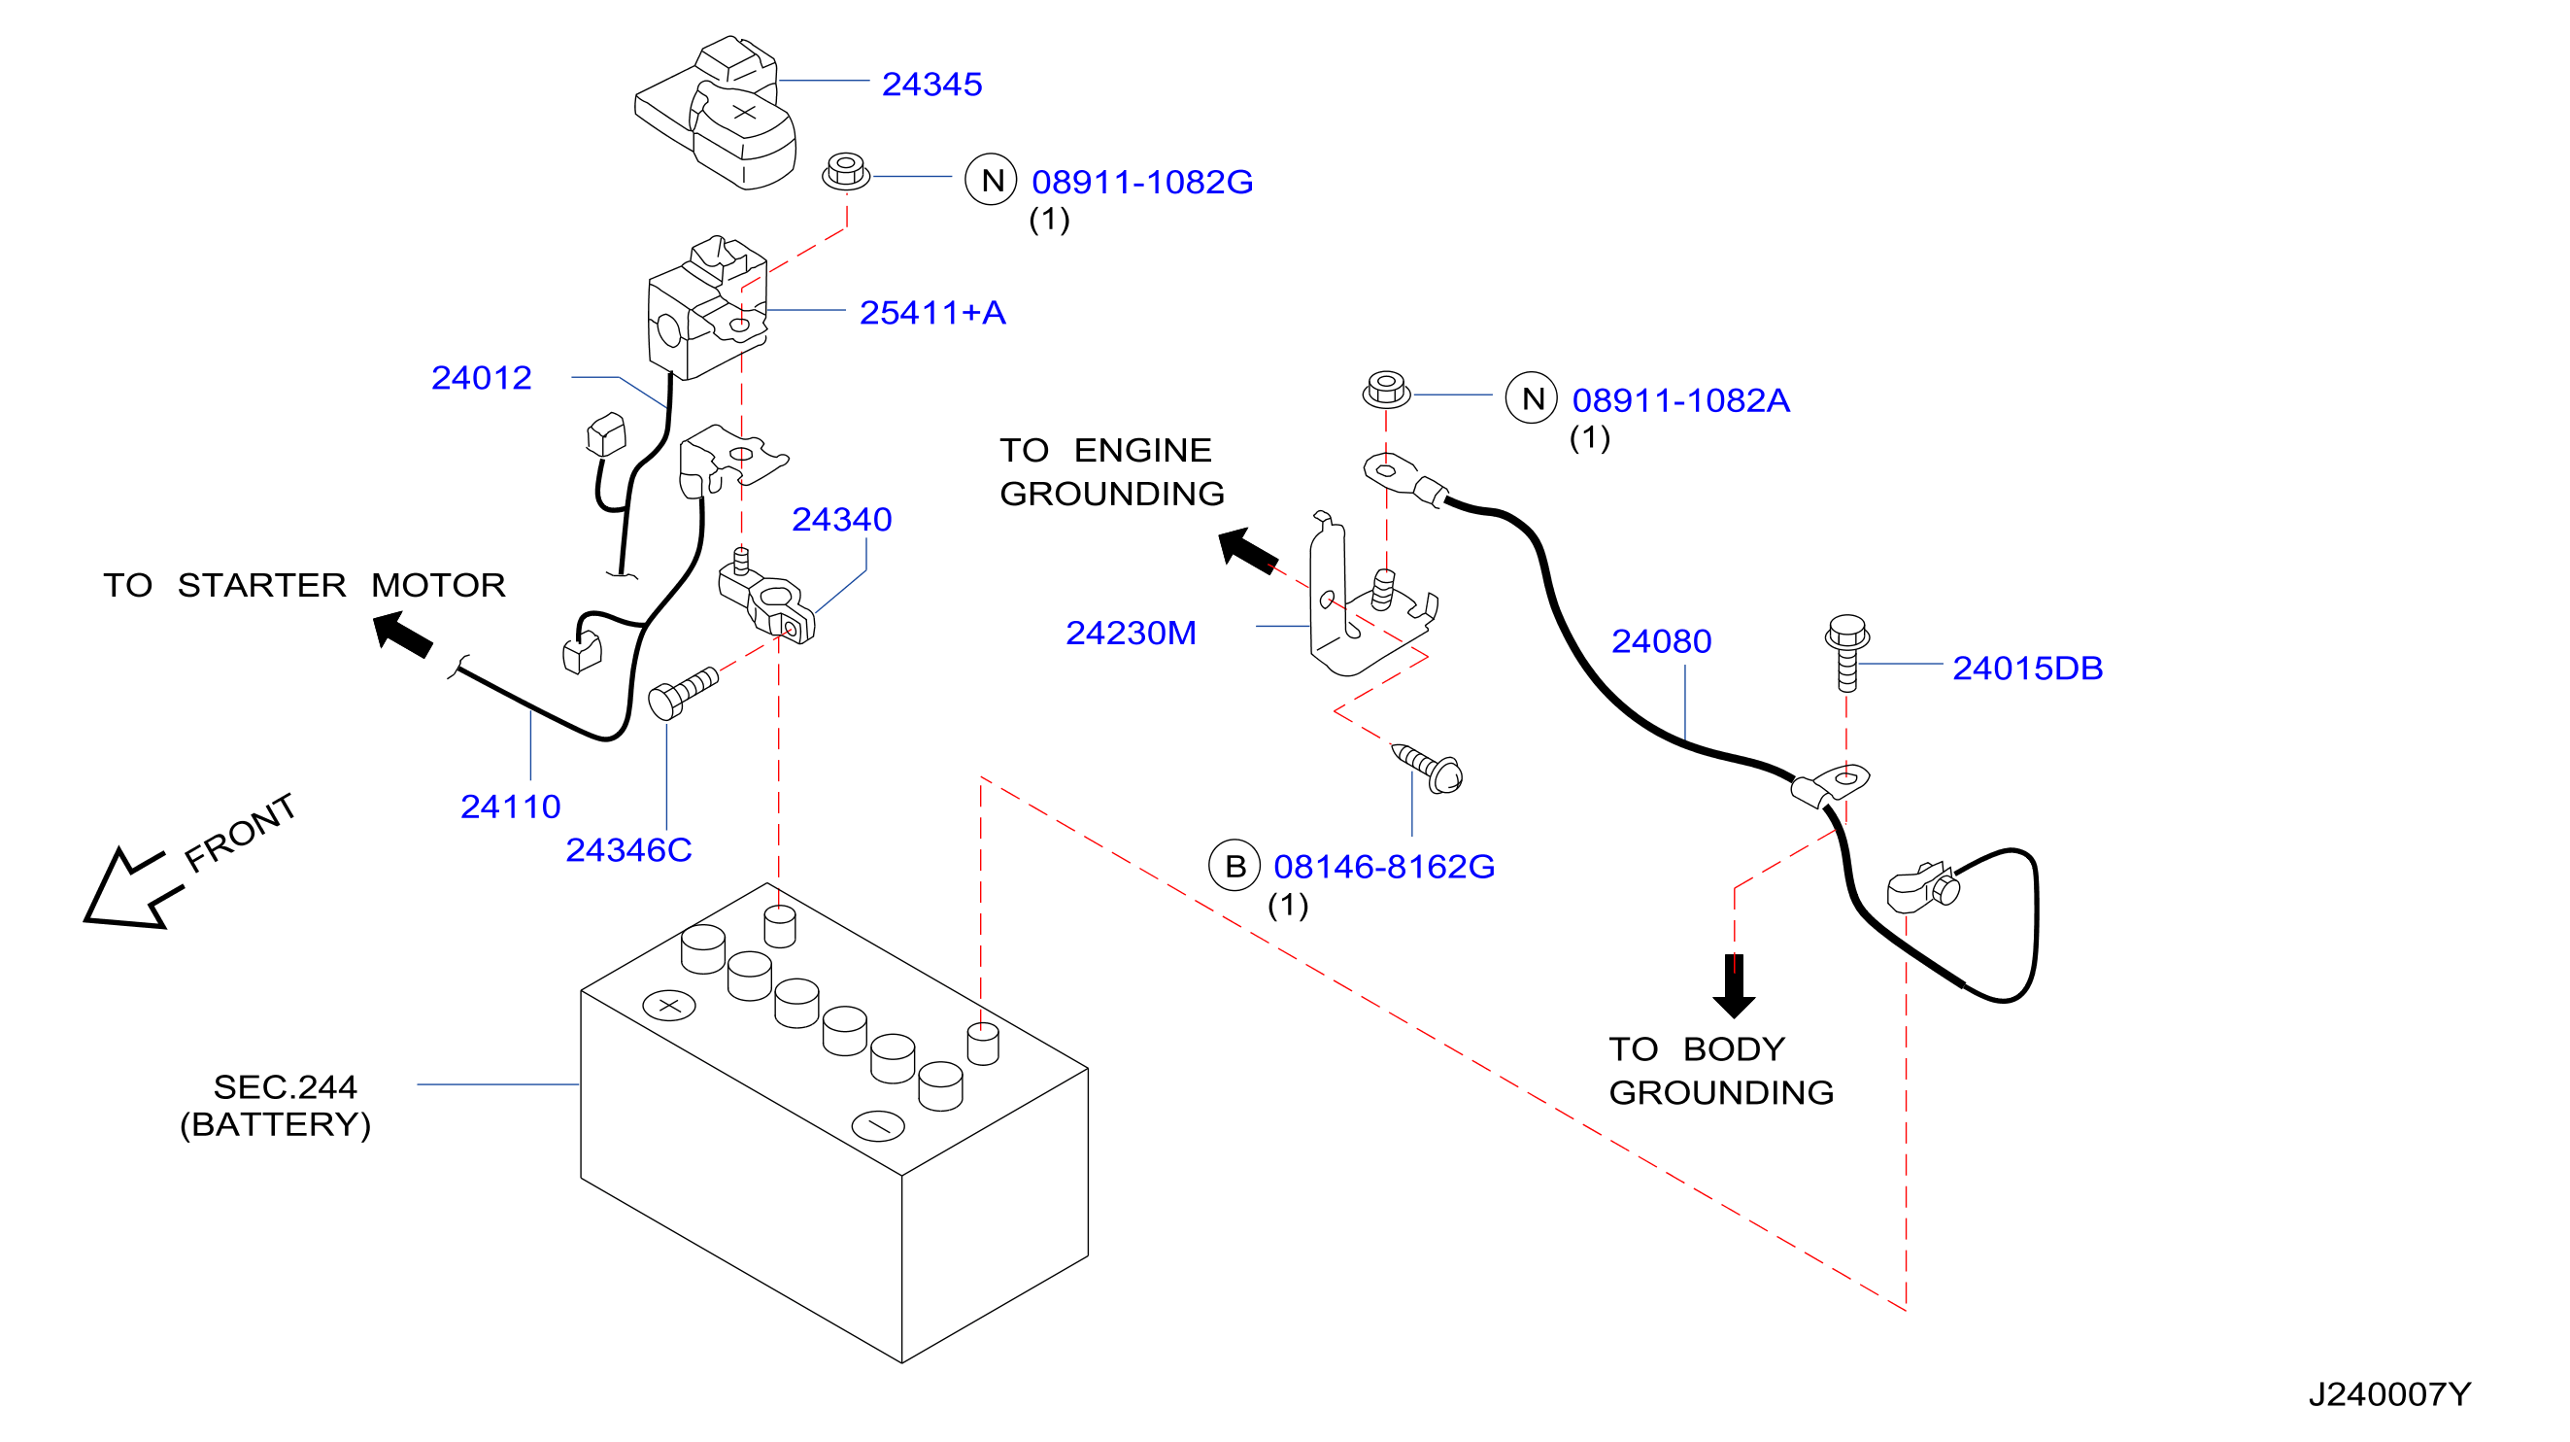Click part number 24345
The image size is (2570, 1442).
[931, 84]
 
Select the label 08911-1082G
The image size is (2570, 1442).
[1142, 182]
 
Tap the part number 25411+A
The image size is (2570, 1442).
[932, 312]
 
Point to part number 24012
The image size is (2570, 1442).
[481, 377]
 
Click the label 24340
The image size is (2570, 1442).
[842, 519]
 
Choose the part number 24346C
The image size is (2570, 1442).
[628, 849]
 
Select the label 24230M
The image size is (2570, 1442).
[1131, 633]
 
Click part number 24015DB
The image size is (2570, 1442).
[2027, 668]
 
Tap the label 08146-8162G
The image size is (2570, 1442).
[1384, 866]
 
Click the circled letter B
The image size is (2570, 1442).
[1235, 865]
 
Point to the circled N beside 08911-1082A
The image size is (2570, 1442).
[1532, 398]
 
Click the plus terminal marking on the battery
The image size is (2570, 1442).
[669, 1005]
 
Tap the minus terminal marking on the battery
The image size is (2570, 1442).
[878, 1125]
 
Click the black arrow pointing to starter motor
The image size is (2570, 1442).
[403, 635]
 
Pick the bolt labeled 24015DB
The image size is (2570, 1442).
[1846, 653]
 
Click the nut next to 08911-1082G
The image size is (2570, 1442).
[846, 171]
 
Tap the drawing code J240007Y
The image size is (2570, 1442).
[2389, 1394]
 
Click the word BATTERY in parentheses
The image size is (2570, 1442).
[276, 1124]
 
